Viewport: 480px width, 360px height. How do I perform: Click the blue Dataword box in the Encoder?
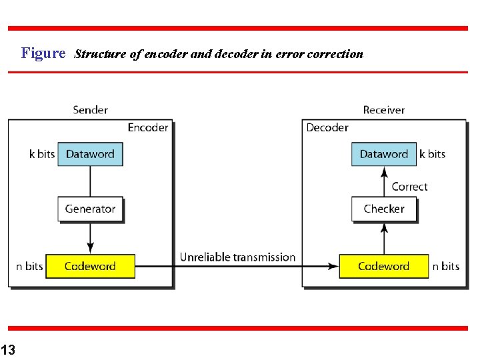coord(90,154)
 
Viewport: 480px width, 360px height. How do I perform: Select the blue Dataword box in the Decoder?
coord(383,154)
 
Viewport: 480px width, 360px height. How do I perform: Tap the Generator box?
coord(90,209)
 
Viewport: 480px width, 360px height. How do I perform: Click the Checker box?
coord(383,209)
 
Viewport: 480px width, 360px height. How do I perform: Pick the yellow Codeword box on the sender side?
coord(90,266)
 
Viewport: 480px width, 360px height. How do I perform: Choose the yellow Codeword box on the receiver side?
coord(383,266)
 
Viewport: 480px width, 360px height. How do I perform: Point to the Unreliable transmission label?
coord(237,257)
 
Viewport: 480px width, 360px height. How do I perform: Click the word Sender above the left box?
coord(90,110)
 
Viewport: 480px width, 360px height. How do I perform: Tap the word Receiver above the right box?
coord(383,110)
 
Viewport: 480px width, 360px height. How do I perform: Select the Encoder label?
coord(147,127)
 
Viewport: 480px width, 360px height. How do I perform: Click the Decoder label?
coord(327,127)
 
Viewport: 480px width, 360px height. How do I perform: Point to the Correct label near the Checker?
coord(409,187)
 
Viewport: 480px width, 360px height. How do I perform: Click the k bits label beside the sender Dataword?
coord(42,154)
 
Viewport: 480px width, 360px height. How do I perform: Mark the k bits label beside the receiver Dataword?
coord(432,154)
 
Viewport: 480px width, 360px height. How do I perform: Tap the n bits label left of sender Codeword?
coord(29,266)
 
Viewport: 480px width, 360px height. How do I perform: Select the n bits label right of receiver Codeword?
coord(446,266)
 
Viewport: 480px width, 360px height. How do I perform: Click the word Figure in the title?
coord(43,53)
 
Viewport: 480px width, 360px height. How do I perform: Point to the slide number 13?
coord(8,349)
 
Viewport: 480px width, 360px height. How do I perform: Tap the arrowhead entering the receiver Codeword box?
coord(333,266)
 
